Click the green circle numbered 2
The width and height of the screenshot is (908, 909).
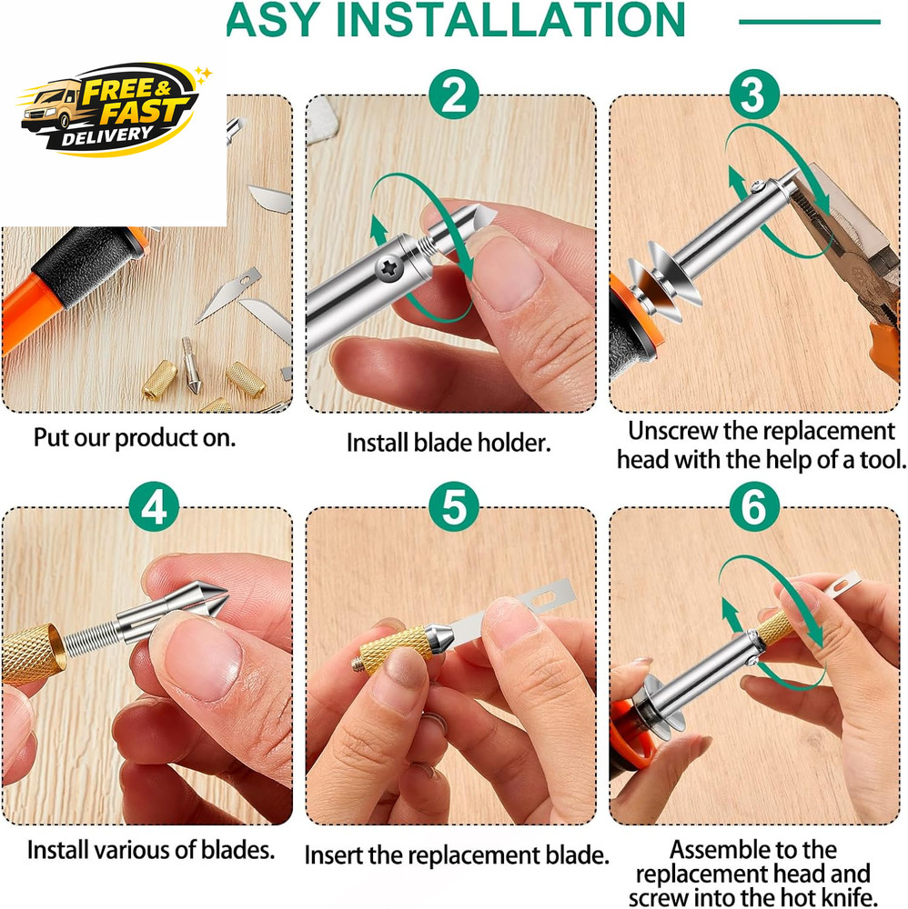[454, 95]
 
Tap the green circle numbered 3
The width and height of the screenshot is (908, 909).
[753, 95]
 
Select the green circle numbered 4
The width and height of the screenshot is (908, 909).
[154, 506]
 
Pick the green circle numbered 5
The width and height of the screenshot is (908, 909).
[454, 506]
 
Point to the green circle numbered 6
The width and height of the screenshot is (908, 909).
[753, 506]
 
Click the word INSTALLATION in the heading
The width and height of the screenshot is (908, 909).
[510, 21]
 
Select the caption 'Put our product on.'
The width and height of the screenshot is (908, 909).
[135, 438]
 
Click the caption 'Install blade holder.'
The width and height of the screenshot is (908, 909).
[448, 443]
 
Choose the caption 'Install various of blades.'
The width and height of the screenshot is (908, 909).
[151, 850]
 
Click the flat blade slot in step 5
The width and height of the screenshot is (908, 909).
[544, 597]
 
